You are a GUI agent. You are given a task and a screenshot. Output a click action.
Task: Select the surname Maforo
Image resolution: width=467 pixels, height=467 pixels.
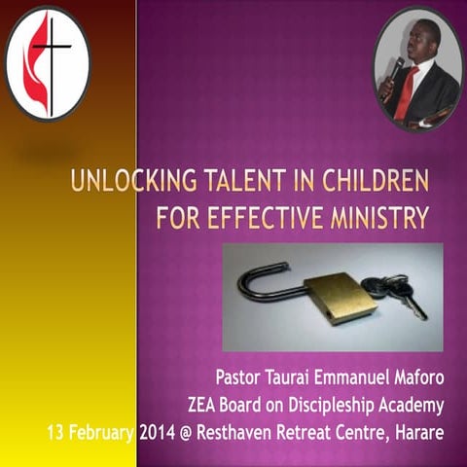click(412, 377)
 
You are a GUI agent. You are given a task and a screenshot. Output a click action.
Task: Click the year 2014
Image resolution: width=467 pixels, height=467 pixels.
click(157, 429)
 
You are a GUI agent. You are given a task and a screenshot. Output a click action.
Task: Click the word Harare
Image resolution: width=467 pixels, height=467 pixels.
click(416, 429)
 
